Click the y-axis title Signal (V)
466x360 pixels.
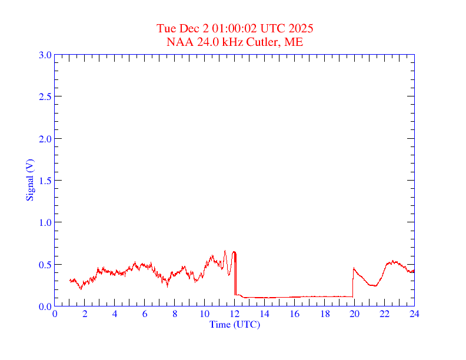click(x=29, y=180)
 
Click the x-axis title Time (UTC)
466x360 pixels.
click(x=234, y=324)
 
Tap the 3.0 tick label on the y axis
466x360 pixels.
click(x=45, y=55)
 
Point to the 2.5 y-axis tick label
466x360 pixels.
click(x=45, y=96)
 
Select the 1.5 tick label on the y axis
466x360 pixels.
click(x=45, y=181)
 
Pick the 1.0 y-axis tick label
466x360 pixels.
click(x=45, y=222)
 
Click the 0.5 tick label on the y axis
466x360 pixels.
click(x=45, y=265)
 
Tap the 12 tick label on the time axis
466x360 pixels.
click(x=235, y=314)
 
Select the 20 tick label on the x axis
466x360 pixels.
click(x=354, y=314)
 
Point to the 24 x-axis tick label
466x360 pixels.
click(x=414, y=314)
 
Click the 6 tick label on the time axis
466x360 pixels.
click(x=145, y=314)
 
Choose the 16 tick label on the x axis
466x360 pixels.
click(x=294, y=314)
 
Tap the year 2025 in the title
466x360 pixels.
click(x=301, y=28)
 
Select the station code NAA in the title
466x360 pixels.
click(x=178, y=42)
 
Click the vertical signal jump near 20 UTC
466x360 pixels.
click(x=352, y=282)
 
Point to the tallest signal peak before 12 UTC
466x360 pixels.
click(x=225, y=251)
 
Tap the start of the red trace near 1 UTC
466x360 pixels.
click(x=69, y=280)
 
